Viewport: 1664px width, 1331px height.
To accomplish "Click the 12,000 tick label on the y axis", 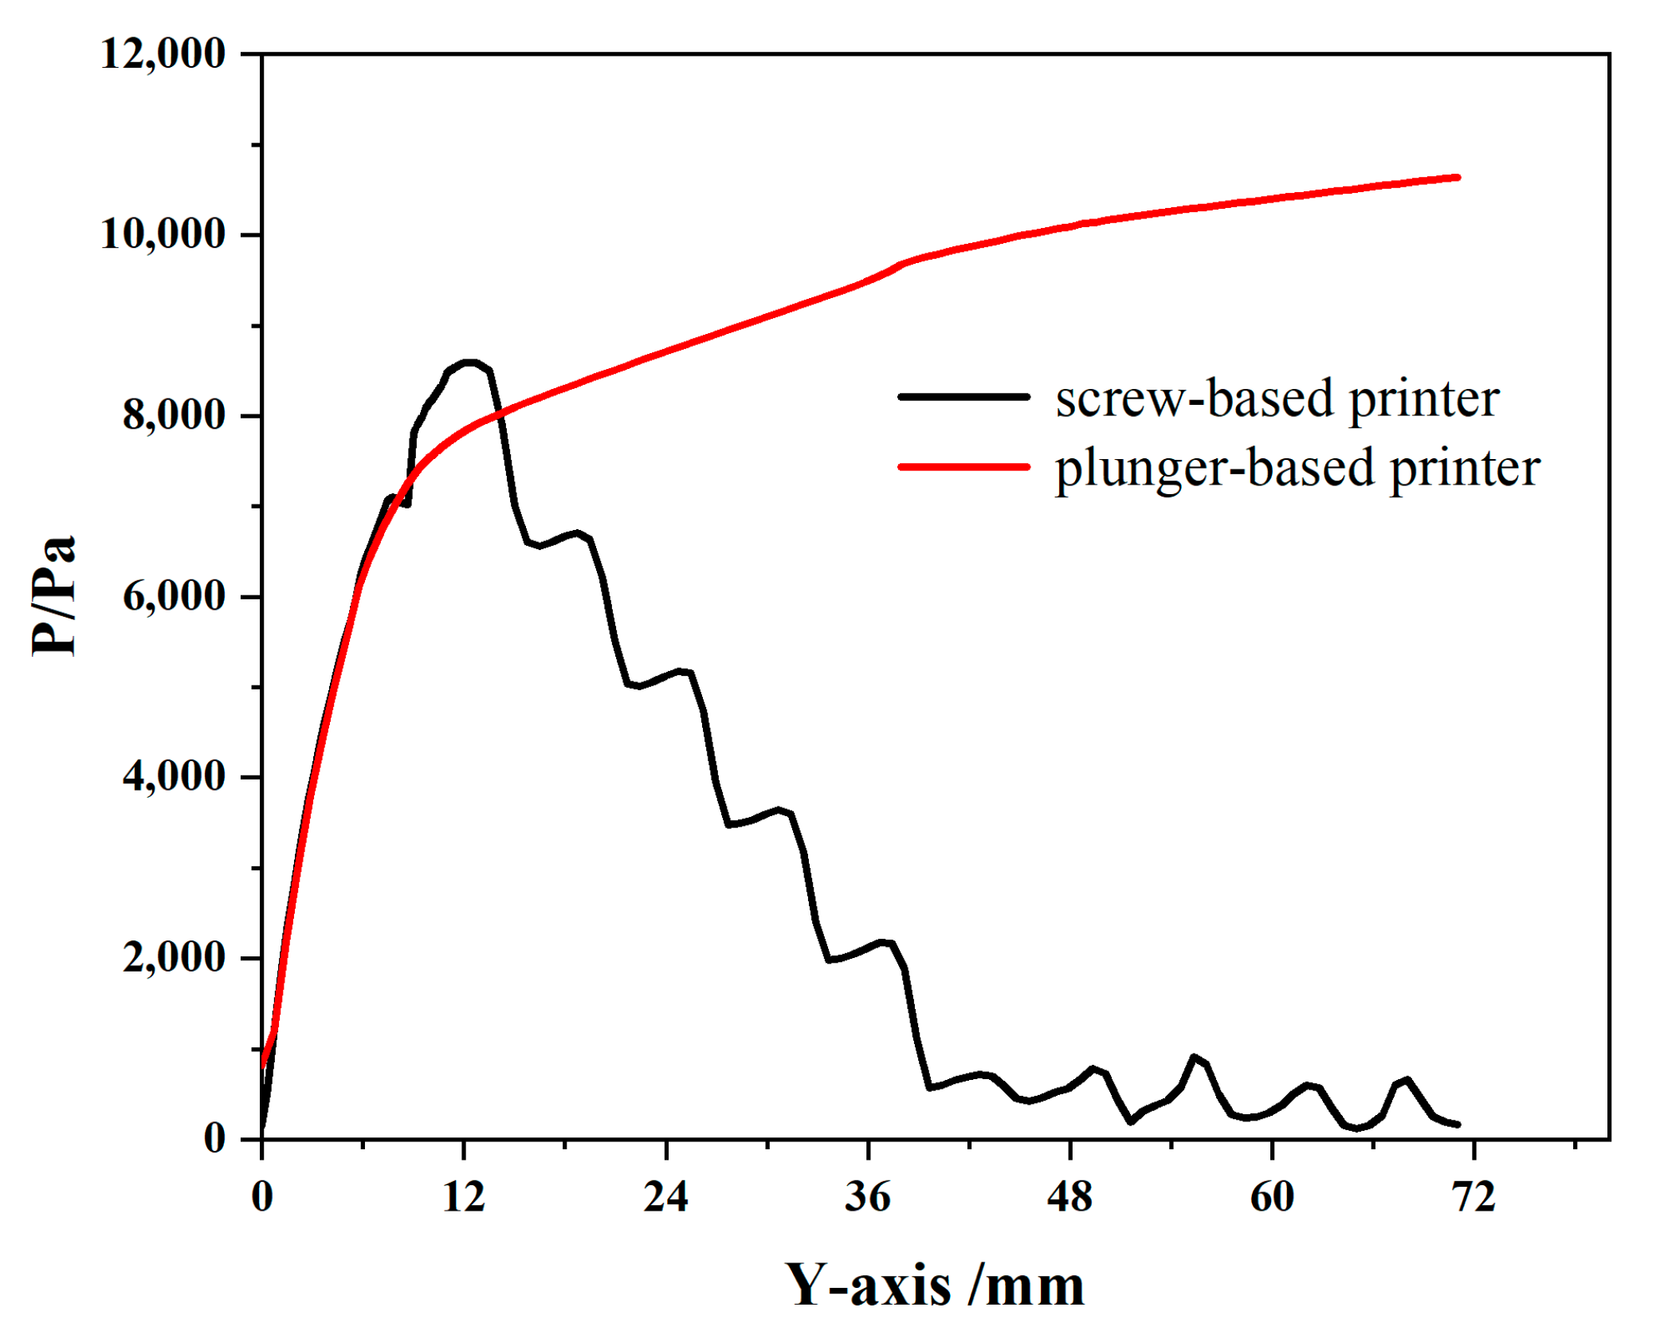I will point(163,54).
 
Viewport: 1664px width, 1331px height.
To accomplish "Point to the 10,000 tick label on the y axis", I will point(163,234).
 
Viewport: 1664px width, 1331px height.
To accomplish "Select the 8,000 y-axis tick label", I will point(174,415).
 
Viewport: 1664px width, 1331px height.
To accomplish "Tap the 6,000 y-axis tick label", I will point(174,596).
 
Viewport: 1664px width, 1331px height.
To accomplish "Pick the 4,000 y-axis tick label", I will point(174,777).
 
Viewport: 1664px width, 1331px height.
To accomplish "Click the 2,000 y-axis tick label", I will point(174,957).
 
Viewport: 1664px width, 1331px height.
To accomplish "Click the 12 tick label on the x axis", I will point(464,1196).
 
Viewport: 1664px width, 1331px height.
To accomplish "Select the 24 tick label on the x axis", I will point(665,1196).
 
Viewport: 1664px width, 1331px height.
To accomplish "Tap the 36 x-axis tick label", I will point(867,1196).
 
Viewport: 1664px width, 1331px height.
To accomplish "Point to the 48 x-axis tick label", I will point(1069,1196).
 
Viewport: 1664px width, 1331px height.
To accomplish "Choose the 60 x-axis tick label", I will point(1272,1196).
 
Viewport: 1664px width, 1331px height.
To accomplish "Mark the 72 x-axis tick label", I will point(1474,1196).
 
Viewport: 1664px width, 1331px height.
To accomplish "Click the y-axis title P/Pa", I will point(54,596).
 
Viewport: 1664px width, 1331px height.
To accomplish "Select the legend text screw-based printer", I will point(1277,399).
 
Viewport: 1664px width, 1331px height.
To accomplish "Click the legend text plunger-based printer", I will point(1297,468).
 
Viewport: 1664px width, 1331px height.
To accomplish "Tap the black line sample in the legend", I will point(963,396).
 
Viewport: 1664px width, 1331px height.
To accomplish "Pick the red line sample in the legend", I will point(963,466).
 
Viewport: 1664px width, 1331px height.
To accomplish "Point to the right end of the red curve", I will point(1458,177).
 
